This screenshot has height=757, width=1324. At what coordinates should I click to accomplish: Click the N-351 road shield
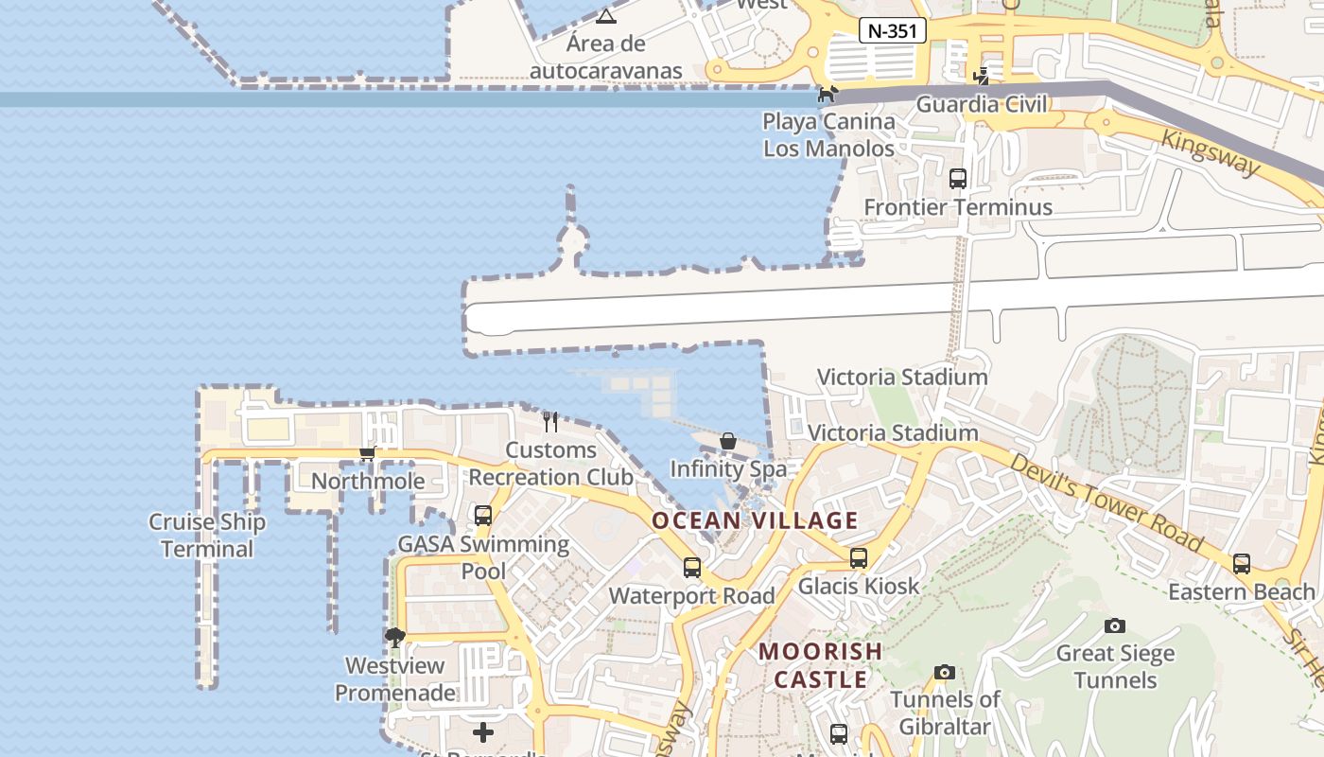click(x=892, y=30)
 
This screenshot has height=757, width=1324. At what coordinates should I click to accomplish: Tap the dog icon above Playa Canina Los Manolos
click(x=828, y=94)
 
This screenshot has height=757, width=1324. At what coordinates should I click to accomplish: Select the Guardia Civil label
click(x=983, y=104)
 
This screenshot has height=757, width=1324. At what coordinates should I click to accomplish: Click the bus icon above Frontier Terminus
click(x=958, y=178)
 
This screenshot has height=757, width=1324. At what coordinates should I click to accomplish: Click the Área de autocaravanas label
click(x=606, y=57)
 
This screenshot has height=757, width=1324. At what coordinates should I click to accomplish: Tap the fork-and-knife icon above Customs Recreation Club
click(x=550, y=421)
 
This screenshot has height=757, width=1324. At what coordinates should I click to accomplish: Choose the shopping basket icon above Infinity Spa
click(x=728, y=441)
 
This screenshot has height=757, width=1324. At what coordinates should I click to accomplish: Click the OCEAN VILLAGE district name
click(x=755, y=520)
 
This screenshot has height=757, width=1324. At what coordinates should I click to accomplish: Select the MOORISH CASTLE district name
click(x=821, y=665)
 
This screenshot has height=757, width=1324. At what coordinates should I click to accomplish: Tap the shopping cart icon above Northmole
click(x=368, y=453)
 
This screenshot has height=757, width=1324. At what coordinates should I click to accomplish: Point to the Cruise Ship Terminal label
click(x=207, y=536)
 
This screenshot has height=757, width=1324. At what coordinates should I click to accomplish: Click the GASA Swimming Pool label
click(x=483, y=557)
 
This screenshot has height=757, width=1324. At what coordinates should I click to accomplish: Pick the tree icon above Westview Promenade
click(x=395, y=638)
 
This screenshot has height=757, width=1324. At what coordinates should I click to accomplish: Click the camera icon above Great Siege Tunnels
click(x=1115, y=625)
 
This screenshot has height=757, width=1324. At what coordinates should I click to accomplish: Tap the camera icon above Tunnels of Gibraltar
click(x=944, y=672)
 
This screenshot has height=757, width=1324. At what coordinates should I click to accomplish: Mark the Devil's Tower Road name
click(x=1106, y=502)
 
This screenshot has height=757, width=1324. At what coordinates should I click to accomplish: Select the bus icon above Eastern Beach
click(x=1242, y=564)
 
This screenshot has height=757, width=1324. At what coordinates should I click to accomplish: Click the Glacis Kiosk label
click(x=859, y=586)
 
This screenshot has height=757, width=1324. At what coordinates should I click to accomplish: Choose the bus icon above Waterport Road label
click(x=692, y=568)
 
